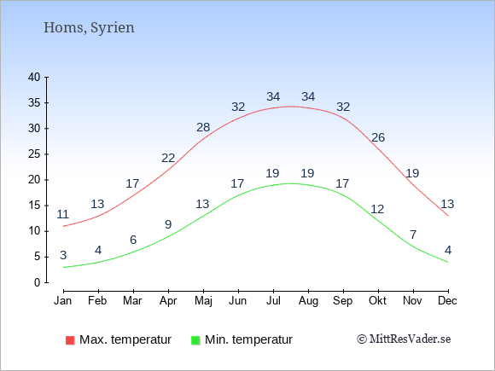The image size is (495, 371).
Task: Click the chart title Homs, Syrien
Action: pos(89,28)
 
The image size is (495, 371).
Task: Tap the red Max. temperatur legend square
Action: pos(70,340)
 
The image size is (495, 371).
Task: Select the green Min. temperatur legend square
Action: pos(195,340)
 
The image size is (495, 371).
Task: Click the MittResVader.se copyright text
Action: pos(404,339)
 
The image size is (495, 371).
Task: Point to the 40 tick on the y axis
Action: pos(34,77)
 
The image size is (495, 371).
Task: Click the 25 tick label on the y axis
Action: pos(34,154)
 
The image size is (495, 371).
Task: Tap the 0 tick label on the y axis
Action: pos(38,282)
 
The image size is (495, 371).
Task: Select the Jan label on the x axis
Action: pos(63,301)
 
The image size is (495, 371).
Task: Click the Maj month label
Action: pos(203,301)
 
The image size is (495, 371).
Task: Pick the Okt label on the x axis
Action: pos(377,301)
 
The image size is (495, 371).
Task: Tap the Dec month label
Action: pos(447,301)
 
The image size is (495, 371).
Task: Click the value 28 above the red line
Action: pos(203,127)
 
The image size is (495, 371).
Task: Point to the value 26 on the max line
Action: pos(378,137)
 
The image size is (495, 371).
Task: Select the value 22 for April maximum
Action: pos(168,158)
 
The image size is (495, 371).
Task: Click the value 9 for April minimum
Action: pos(168,224)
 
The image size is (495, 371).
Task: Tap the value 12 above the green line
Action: pos(377,209)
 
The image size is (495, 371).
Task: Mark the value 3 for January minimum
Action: pos(63,255)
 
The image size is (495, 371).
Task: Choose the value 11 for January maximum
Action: pos(63,215)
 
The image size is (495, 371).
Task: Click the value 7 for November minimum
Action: pos(413,235)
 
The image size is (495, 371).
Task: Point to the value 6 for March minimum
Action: pos(133,240)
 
